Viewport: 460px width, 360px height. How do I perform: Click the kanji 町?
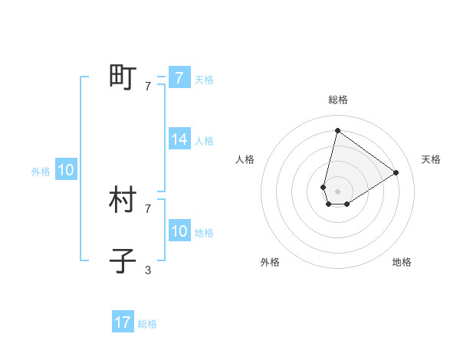(x=123, y=77)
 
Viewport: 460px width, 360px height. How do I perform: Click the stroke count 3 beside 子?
(x=148, y=270)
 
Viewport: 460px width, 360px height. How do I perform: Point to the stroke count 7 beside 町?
(x=148, y=87)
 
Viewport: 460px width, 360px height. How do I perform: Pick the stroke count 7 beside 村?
(x=148, y=208)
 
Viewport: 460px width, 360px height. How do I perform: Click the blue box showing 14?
(x=179, y=139)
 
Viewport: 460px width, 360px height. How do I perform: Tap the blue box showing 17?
(x=123, y=322)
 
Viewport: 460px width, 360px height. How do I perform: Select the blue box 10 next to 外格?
(x=66, y=171)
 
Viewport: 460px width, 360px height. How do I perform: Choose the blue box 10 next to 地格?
(x=179, y=231)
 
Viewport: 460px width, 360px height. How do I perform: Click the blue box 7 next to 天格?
(x=179, y=78)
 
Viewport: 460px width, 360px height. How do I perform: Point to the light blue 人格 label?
(x=204, y=141)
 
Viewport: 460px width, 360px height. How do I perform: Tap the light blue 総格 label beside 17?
(x=147, y=324)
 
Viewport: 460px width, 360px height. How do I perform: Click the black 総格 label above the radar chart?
(x=337, y=100)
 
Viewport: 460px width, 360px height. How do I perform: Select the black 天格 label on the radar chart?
(x=431, y=159)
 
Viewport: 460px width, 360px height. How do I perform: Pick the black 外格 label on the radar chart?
(x=270, y=262)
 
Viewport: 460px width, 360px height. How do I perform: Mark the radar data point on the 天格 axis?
(x=396, y=172)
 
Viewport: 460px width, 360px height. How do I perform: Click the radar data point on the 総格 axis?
(x=337, y=130)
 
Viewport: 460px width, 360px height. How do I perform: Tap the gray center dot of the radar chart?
(x=337, y=191)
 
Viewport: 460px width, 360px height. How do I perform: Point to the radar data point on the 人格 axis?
(x=324, y=187)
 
